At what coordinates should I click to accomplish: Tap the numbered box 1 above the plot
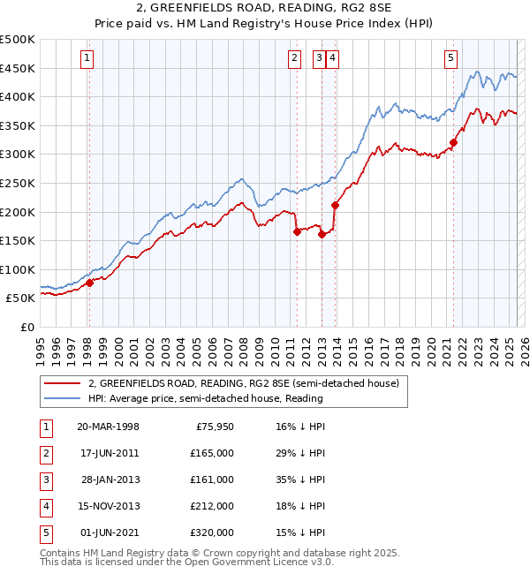(88, 59)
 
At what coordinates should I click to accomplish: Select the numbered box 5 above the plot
(450, 59)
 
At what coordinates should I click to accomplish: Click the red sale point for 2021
(454, 142)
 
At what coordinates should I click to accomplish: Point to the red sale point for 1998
(89, 283)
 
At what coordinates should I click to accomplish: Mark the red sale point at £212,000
(336, 205)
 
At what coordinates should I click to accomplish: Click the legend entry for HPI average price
(205, 398)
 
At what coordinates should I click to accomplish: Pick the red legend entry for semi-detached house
(244, 384)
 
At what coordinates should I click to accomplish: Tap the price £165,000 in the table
(213, 453)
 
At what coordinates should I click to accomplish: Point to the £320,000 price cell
(213, 532)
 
